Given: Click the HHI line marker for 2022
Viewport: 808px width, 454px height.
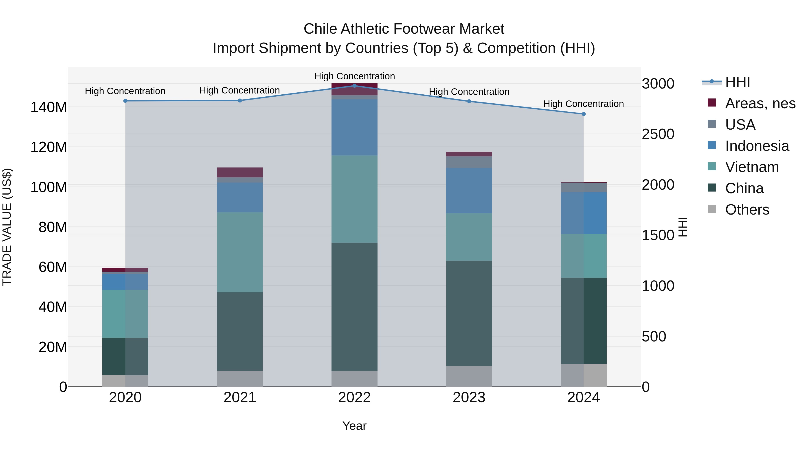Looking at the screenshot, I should (354, 86).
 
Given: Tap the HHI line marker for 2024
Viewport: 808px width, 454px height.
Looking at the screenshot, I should (583, 114).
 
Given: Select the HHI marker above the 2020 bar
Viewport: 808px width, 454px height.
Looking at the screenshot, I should (125, 101).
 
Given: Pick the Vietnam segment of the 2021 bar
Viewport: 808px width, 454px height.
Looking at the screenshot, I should (240, 252).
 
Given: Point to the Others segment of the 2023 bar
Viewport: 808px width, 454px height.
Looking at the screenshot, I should (469, 376).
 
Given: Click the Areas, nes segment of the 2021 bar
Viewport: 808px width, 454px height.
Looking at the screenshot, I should (240, 172).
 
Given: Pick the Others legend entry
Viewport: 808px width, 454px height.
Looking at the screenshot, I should (747, 210).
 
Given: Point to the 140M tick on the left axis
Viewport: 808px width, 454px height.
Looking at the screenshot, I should (49, 107).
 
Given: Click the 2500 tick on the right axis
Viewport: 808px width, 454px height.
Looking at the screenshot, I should (658, 134).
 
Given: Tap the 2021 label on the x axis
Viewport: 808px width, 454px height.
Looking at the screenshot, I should (240, 398).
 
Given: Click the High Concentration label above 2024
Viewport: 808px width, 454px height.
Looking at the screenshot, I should (583, 104).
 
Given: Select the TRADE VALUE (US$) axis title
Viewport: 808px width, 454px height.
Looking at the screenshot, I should (7, 227).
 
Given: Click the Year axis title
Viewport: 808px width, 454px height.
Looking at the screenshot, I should (354, 426).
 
